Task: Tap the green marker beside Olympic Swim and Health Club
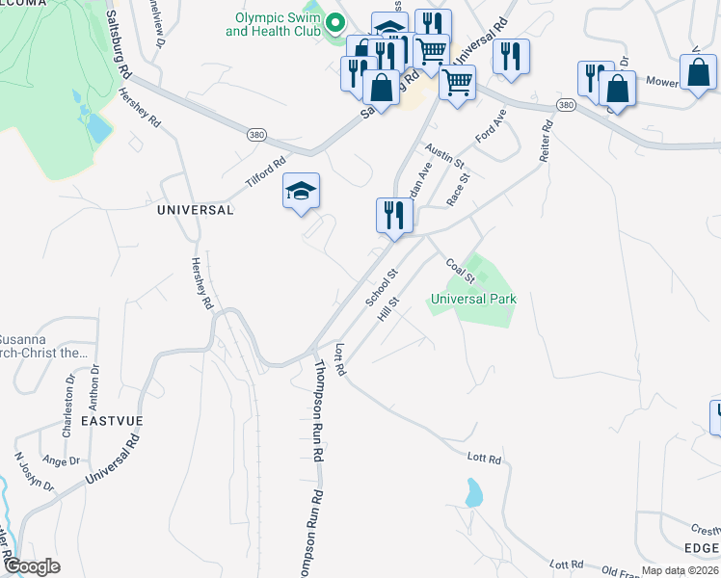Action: pyautogui.click(x=335, y=21)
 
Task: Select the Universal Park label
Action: pyautogui.click(x=473, y=299)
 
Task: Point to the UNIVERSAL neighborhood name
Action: pyautogui.click(x=195, y=209)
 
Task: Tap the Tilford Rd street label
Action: pyautogui.click(x=265, y=173)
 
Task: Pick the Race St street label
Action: pyautogui.click(x=458, y=188)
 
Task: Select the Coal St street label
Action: pyautogui.click(x=460, y=271)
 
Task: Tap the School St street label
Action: pyautogui.click(x=381, y=289)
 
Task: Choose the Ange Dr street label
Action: pyautogui.click(x=61, y=461)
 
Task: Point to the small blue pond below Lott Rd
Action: pyautogui.click(x=473, y=494)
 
